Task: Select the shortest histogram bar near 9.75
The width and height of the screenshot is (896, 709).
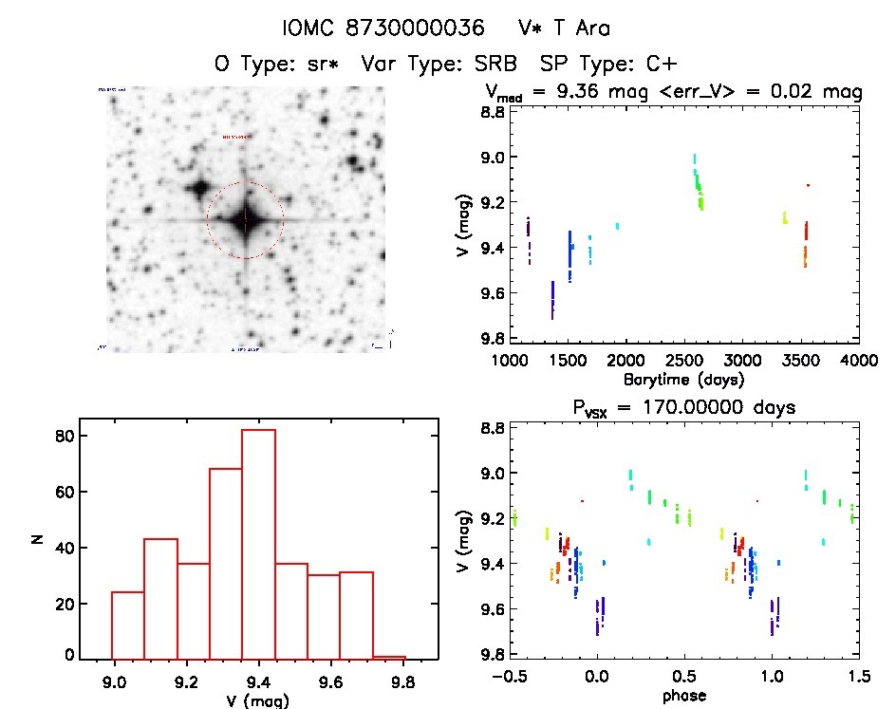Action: (x=389, y=657)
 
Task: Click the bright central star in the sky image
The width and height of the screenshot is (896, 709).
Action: (x=245, y=220)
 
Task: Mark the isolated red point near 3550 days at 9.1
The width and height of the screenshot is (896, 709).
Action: (x=808, y=185)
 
